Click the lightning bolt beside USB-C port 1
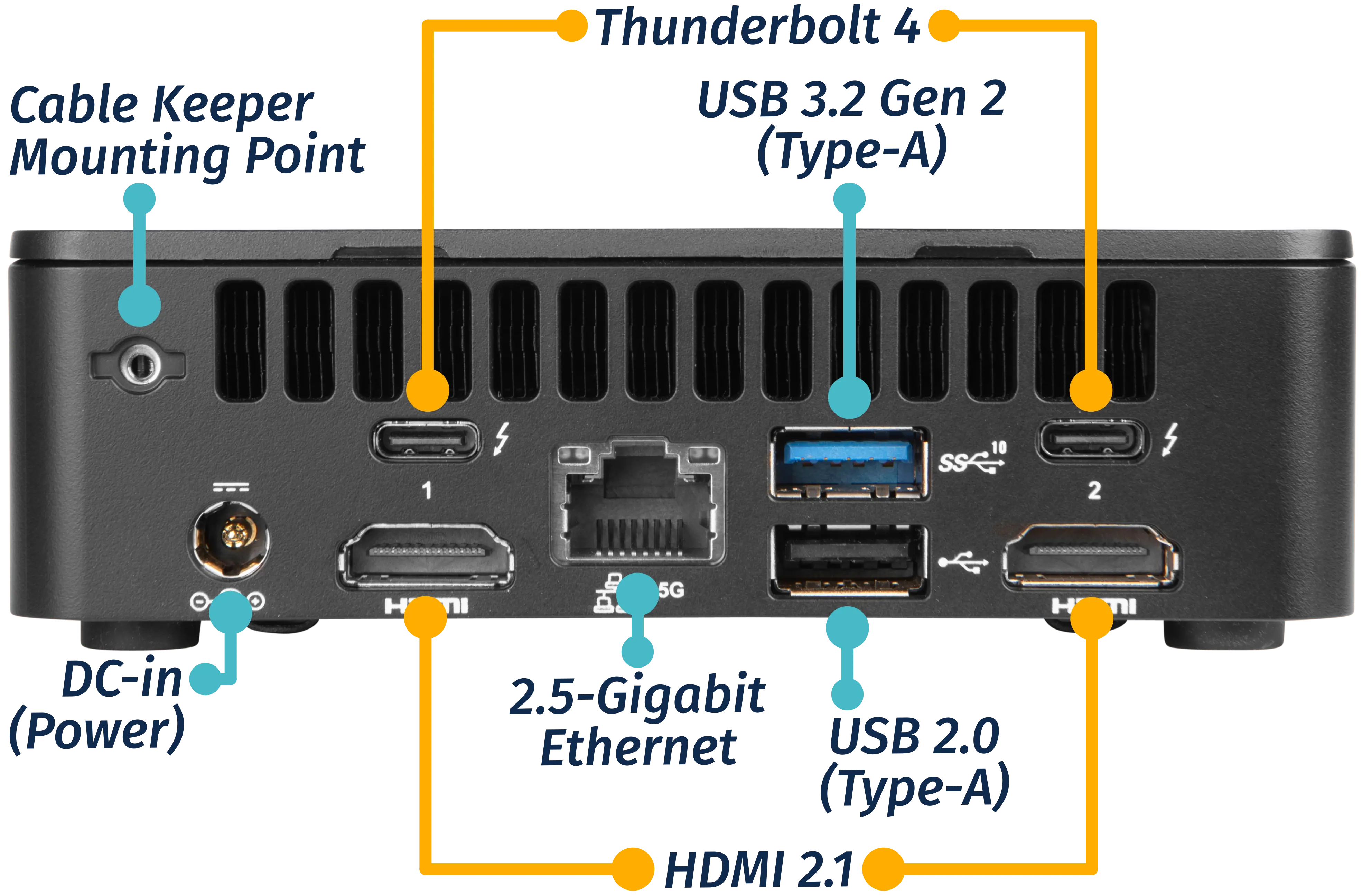pos(502,439)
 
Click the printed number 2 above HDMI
pos(1094,491)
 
